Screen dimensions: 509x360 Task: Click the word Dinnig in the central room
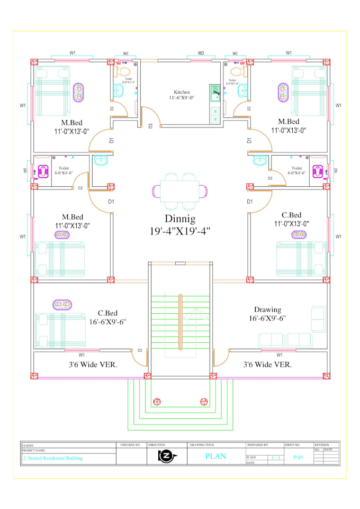[x=180, y=219]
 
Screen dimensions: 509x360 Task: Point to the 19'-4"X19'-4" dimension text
[x=180, y=231]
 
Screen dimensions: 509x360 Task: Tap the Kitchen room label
[x=182, y=92]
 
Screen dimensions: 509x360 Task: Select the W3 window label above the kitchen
[x=201, y=53]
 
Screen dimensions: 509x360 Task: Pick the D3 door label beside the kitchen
[x=151, y=125]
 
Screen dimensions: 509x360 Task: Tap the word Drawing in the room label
[x=267, y=310]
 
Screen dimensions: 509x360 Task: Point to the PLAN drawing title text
[x=215, y=456]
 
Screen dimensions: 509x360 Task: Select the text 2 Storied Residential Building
[x=53, y=458]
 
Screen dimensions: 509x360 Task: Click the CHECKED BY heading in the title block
[x=130, y=446]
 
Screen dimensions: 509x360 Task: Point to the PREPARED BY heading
[x=258, y=446]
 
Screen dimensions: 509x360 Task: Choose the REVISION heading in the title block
[x=322, y=446]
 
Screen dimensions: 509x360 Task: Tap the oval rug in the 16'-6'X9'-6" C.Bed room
[x=62, y=305]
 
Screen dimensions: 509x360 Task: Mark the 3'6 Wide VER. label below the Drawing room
[x=267, y=365]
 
